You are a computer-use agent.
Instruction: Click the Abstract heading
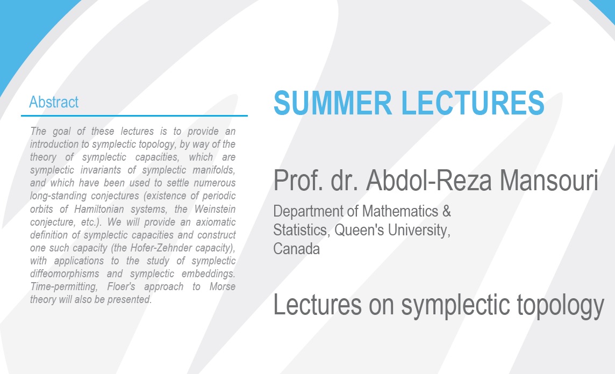tap(54, 102)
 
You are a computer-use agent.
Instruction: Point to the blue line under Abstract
tap(134, 116)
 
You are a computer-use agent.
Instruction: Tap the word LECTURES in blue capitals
tap(473, 103)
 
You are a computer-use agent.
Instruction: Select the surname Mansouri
tap(549, 181)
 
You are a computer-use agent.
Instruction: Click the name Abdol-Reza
tap(429, 181)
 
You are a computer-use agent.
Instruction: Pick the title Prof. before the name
tap(298, 181)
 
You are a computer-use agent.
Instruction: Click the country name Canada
tap(297, 249)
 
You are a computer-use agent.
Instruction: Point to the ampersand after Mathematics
tap(447, 211)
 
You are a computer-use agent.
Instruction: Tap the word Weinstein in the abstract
tap(215, 209)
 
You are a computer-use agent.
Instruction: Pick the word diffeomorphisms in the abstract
tap(65, 274)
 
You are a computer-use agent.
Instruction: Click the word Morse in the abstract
tap(223, 286)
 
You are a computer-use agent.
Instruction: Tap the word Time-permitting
tap(64, 287)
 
